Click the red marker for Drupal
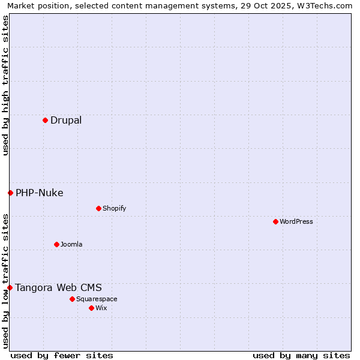45,121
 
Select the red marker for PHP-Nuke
10,193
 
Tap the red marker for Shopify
98,208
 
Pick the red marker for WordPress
275,221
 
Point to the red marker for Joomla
56,244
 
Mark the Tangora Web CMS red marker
10,287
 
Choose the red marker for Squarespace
72,299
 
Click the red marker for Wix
91,308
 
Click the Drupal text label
66,121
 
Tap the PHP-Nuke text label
40,193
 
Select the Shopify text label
115,208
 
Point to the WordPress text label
296,221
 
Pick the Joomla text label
71,244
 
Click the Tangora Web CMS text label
58,287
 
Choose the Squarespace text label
97,299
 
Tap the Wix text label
101,308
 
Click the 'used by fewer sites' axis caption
62,355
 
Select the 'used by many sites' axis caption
301,355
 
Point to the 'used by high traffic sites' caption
5,85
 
